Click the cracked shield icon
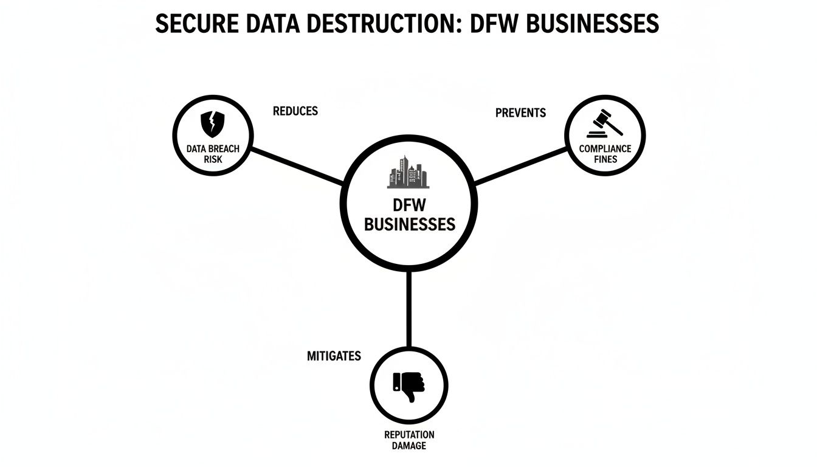(212, 124)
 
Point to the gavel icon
(605, 123)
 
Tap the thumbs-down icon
(409, 385)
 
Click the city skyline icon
(408, 172)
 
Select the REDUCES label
(295, 111)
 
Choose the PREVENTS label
(520, 113)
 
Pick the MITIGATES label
(334, 356)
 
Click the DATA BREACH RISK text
(213, 154)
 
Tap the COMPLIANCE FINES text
(605, 154)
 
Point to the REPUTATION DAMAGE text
(409, 440)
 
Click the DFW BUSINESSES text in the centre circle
(409, 216)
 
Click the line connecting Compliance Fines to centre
(521, 165)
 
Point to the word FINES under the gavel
(605, 159)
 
